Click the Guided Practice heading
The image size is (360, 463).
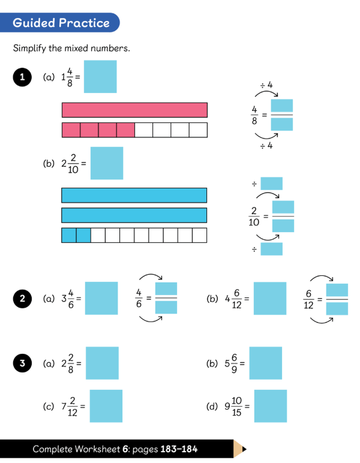click(61, 23)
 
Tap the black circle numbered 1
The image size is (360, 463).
click(22, 77)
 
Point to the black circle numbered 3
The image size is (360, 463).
click(22, 363)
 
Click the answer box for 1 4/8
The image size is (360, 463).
click(100, 77)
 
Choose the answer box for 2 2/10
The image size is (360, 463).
click(107, 163)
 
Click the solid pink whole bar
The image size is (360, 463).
click(134, 110)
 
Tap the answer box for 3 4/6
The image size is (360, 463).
click(101, 298)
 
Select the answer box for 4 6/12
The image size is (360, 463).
click(270, 298)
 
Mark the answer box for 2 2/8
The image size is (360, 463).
click(102, 363)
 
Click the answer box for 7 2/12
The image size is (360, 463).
click(106, 406)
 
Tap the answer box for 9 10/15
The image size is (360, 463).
click(271, 406)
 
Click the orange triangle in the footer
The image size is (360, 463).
click(240, 449)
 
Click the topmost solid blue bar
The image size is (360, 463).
click(134, 196)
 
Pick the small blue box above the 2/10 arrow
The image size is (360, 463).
click(271, 184)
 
